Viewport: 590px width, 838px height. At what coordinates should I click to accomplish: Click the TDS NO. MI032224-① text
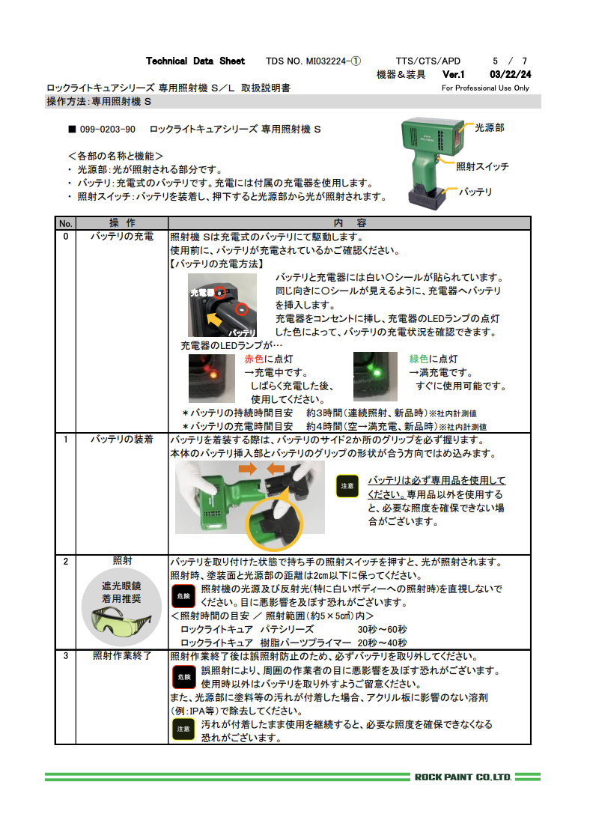tap(314, 61)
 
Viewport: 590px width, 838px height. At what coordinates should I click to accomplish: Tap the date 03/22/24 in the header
tap(510, 75)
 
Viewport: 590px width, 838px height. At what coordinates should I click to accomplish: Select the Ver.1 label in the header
tap(454, 75)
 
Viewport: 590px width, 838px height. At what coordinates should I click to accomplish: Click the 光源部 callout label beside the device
tap(490, 128)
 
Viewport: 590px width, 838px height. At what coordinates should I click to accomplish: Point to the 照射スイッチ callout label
tap(482, 166)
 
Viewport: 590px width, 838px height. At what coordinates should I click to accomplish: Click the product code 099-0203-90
tap(107, 130)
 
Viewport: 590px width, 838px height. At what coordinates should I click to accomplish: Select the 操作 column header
tap(121, 223)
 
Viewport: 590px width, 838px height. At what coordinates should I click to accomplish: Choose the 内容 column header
tap(350, 223)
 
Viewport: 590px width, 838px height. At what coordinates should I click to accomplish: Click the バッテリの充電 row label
tap(121, 237)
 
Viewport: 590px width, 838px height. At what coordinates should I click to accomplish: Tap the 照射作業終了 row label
tap(121, 656)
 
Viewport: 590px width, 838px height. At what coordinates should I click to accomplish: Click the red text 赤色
tap(255, 359)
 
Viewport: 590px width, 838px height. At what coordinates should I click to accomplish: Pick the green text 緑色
tap(419, 359)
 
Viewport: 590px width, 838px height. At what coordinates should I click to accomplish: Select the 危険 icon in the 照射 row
tap(183, 596)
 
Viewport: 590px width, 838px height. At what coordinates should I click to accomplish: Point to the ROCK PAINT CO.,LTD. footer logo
tap(463, 777)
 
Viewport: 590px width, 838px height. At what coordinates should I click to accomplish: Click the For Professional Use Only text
tap(485, 88)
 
